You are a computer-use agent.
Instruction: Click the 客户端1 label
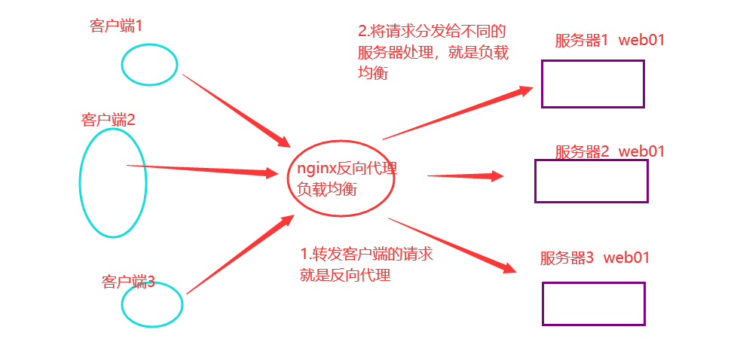116,26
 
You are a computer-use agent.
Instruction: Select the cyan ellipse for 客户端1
149,65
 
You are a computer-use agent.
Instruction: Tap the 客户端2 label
108,120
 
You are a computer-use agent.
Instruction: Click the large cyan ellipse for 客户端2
112,183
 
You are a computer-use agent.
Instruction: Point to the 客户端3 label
128,282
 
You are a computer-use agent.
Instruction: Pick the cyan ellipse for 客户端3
152,304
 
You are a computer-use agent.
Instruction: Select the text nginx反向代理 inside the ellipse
347,169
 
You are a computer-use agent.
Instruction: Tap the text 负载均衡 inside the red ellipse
326,189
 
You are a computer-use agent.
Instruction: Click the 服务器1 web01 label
610,41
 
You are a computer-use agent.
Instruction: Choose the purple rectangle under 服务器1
592,84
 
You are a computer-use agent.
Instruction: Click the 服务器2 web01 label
610,151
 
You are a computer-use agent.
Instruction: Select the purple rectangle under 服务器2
591,181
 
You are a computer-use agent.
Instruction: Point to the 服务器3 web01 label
595,258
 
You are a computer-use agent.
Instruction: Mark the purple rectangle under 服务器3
593,304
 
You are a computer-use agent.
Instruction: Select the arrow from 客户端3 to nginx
240,255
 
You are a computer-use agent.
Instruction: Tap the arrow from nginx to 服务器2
465,176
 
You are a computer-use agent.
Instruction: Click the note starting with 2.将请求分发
432,53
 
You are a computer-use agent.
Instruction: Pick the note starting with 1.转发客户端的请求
366,264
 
